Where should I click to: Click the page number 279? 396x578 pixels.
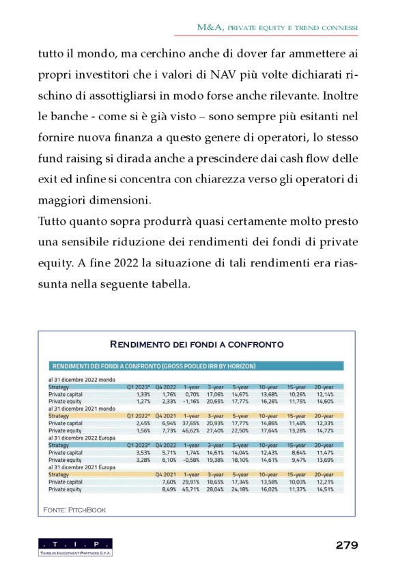(347, 545)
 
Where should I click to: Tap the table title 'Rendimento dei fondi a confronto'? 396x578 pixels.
(197, 344)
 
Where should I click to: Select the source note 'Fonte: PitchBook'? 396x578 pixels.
(74, 510)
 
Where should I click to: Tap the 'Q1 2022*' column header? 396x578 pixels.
(139, 416)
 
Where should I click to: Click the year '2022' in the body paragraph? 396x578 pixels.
(119, 264)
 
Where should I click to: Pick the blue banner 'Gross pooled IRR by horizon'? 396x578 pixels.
(153, 366)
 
